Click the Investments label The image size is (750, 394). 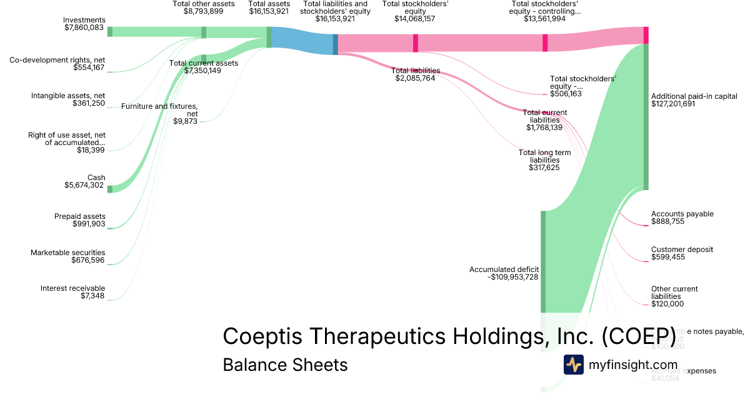(85, 20)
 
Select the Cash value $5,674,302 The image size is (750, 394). (84, 185)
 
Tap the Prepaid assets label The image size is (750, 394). (80, 216)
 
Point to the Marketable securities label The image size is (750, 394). (68, 253)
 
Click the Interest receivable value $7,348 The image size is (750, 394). (92, 296)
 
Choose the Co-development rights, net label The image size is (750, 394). (57, 60)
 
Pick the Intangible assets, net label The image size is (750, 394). (68, 96)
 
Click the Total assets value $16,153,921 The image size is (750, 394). (269, 11)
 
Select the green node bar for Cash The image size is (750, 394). (110, 189)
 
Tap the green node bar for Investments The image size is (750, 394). (110, 32)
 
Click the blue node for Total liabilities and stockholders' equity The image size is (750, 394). (336, 44)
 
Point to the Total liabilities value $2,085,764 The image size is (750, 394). (415, 78)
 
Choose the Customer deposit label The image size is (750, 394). (682, 250)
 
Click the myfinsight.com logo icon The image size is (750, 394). (573, 365)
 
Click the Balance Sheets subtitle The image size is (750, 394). (285, 365)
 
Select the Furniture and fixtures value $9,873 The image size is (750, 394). (186, 121)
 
